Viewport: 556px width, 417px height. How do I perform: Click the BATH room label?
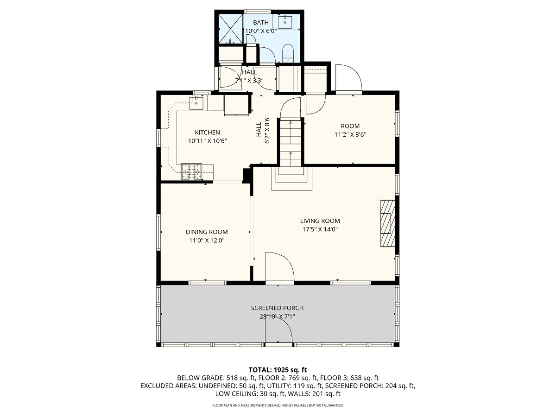click(x=261, y=23)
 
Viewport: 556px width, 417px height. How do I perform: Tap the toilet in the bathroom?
click(x=288, y=53)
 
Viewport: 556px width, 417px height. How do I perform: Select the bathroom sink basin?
click(x=285, y=22)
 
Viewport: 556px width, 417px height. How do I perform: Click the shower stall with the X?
click(x=230, y=29)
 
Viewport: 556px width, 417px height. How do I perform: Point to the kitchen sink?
click(x=196, y=102)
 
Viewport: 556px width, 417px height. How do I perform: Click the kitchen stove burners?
click(x=191, y=171)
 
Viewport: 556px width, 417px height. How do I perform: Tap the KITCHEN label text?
click(x=207, y=133)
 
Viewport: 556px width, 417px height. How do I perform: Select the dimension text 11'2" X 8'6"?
click(x=350, y=134)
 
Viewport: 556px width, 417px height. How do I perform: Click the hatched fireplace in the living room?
click(x=387, y=223)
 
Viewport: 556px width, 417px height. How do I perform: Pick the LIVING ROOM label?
click(x=320, y=221)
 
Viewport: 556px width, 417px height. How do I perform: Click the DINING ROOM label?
click(x=207, y=232)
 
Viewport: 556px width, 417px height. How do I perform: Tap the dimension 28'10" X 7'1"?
click(x=278, y=316)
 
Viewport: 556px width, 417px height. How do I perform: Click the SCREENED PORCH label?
click(x=277, y=308)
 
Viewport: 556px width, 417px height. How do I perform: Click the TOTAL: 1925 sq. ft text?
click(x=278, y=370)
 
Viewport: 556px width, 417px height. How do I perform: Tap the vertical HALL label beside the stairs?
click(x=259, y=130)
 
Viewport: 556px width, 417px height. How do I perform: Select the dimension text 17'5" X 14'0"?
click(x=320, y=229)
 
